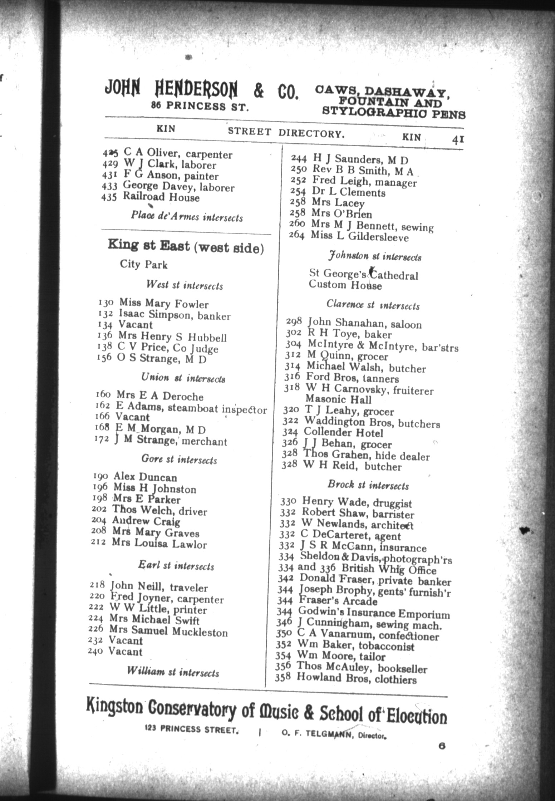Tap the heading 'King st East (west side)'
click(186, 247)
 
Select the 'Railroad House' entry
click(161, 197)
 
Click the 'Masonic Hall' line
click(338, 399)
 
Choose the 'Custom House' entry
click(345, 285)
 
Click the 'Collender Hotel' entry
click(343, 433)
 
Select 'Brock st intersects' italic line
click(368, 485)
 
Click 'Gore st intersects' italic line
click(179, 459)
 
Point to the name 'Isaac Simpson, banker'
click(175, 314)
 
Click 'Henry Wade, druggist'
click(357, 502)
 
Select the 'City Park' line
click(143, 265)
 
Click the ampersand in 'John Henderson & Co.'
click(259, 91)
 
